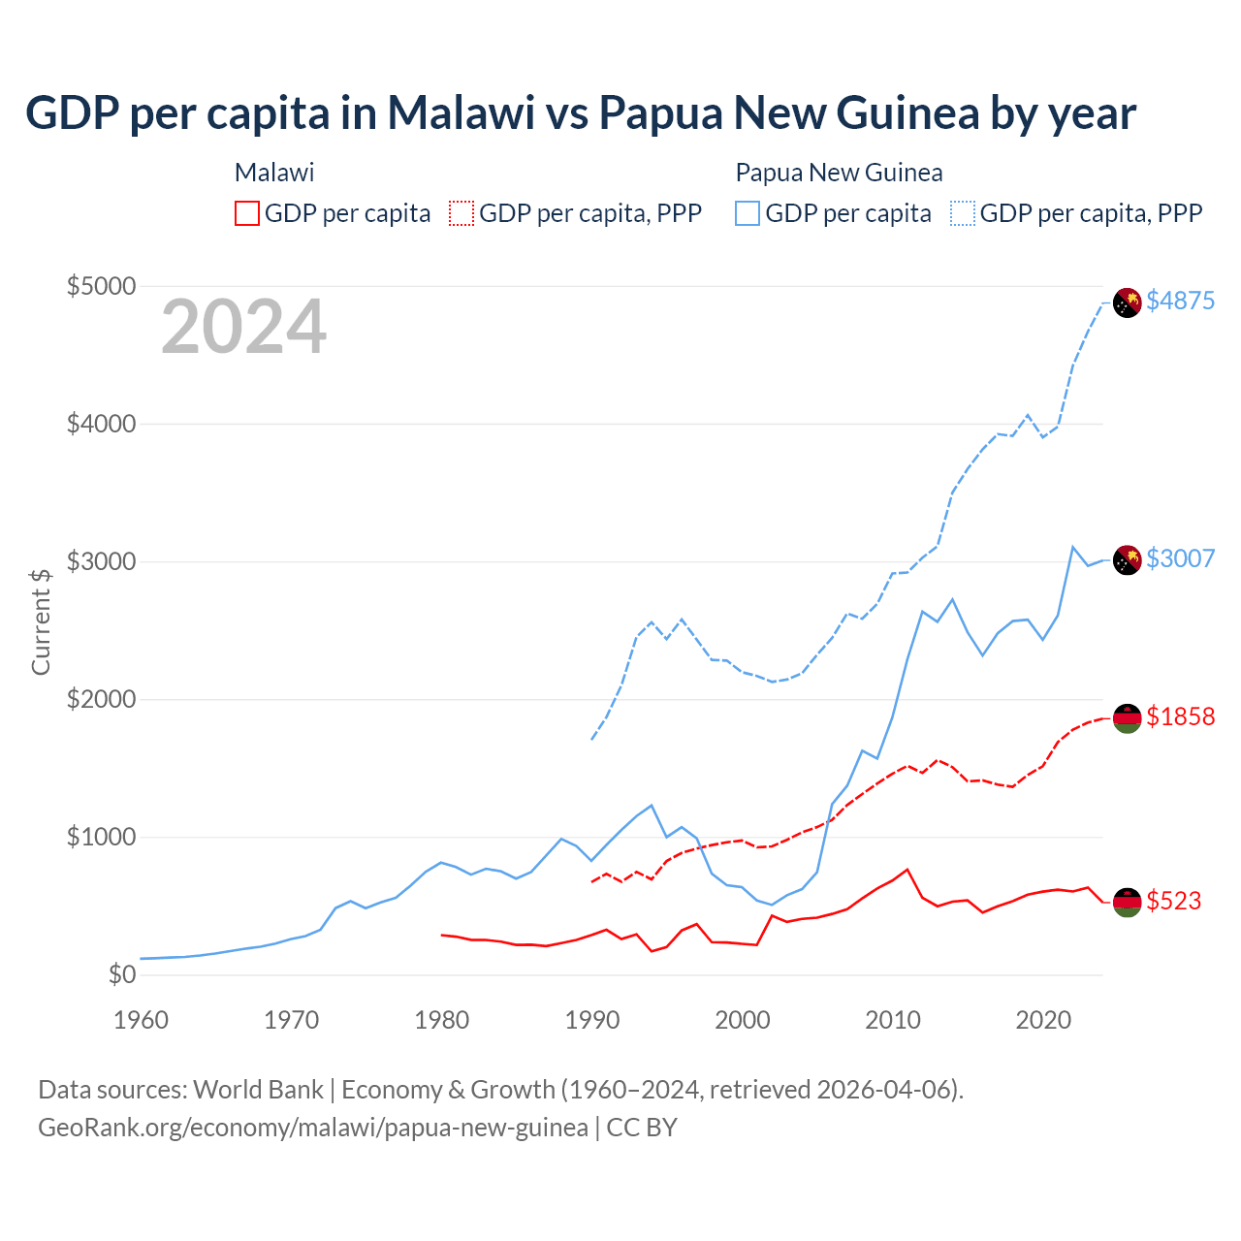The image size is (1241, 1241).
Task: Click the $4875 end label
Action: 1180,301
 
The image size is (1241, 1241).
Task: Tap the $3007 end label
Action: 1180,558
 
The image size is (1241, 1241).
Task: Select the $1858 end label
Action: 1180,716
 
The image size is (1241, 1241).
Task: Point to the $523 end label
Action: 1173,901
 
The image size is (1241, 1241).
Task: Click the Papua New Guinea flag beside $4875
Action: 1127,302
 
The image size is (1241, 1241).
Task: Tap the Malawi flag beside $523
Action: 1127,902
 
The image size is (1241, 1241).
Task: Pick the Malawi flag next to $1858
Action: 1127,718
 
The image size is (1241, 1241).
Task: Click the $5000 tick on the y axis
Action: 101,286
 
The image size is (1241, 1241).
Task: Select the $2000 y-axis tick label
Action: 101,699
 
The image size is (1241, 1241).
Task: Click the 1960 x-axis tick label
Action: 142,1020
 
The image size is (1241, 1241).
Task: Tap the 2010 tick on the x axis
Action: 893,1020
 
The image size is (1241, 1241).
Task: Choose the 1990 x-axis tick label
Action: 592,1020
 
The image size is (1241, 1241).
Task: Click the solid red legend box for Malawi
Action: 247,213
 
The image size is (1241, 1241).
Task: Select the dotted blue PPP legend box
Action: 963,213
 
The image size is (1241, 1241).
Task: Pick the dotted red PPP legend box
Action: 461,213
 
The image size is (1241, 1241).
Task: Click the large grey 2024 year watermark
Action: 243,328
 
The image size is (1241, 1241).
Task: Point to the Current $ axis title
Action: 41,621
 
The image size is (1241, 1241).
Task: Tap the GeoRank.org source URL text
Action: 313,1128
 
